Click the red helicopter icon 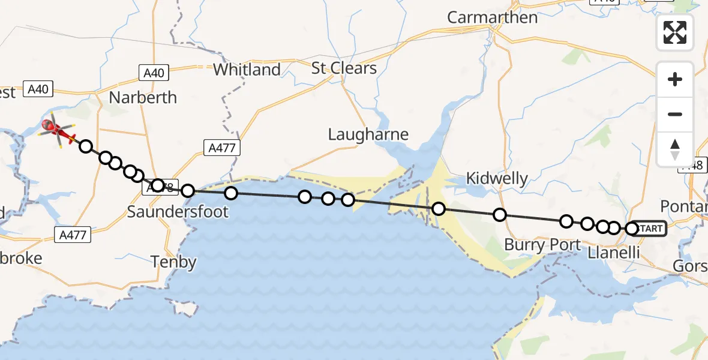(x=58, y=129)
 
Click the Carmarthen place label (x=492, y=17)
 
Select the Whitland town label (x=247, y=70)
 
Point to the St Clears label (x=344, y=68)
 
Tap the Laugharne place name (x=368, y=134)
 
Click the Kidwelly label (x=497, y=178)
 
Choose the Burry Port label (x=542, y=245)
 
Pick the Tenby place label (x=173, y=262)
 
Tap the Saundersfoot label (x=178, y=211)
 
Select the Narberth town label (x=143, y=97)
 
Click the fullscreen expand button (x=675, y=32)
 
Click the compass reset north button (x=675, y=149)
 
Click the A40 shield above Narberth (x=154, y=73)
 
